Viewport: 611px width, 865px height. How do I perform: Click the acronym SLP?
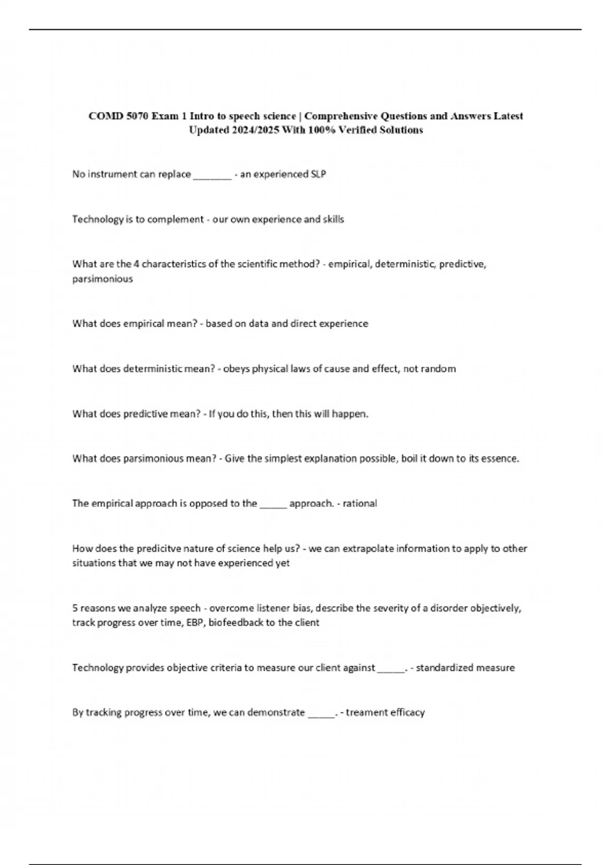tap(318, 174)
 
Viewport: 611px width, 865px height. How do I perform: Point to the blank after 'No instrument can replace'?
tap(212, 176)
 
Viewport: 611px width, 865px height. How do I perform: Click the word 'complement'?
tap(176, 219)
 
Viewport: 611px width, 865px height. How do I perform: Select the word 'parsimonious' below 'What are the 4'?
tap(102, 279)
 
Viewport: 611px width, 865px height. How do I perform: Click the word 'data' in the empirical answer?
tap(259, 324)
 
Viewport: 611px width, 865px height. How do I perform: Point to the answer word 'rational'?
tap(359, 503)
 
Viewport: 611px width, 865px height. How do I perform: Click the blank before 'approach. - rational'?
tap(273, 505)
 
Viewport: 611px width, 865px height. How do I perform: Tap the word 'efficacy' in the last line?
tap(407, 712)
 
